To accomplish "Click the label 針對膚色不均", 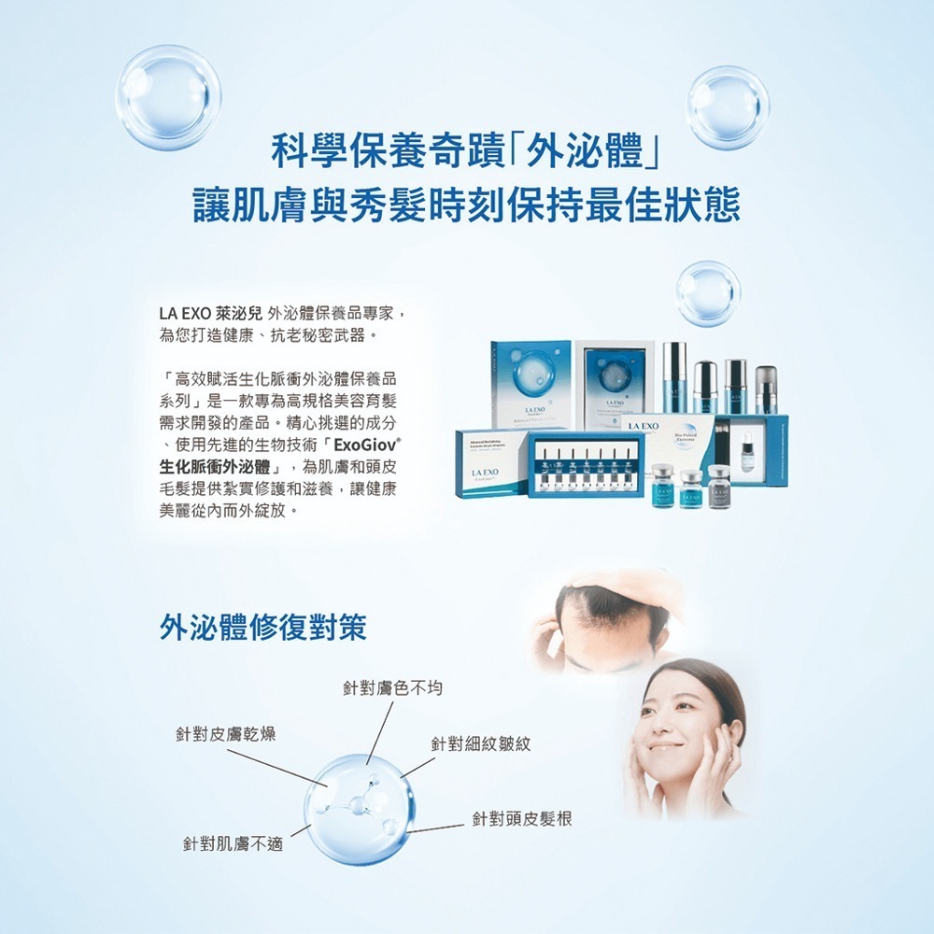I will click(x=392, y=688).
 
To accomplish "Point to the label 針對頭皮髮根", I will click(x=521, y=819).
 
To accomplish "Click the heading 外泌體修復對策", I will click(x=262, y=628).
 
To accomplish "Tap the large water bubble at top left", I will click(x=168, y=98).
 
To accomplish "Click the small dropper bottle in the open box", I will click(x=748, y=455).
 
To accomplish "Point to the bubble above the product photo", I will click(x=707, y=293).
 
